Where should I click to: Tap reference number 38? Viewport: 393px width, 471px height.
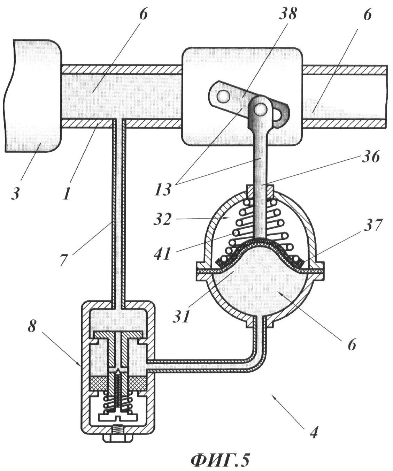coord(287,14)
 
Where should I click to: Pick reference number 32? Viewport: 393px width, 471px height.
coord(163,218)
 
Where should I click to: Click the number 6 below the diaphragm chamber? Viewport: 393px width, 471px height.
coord(352,344)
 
